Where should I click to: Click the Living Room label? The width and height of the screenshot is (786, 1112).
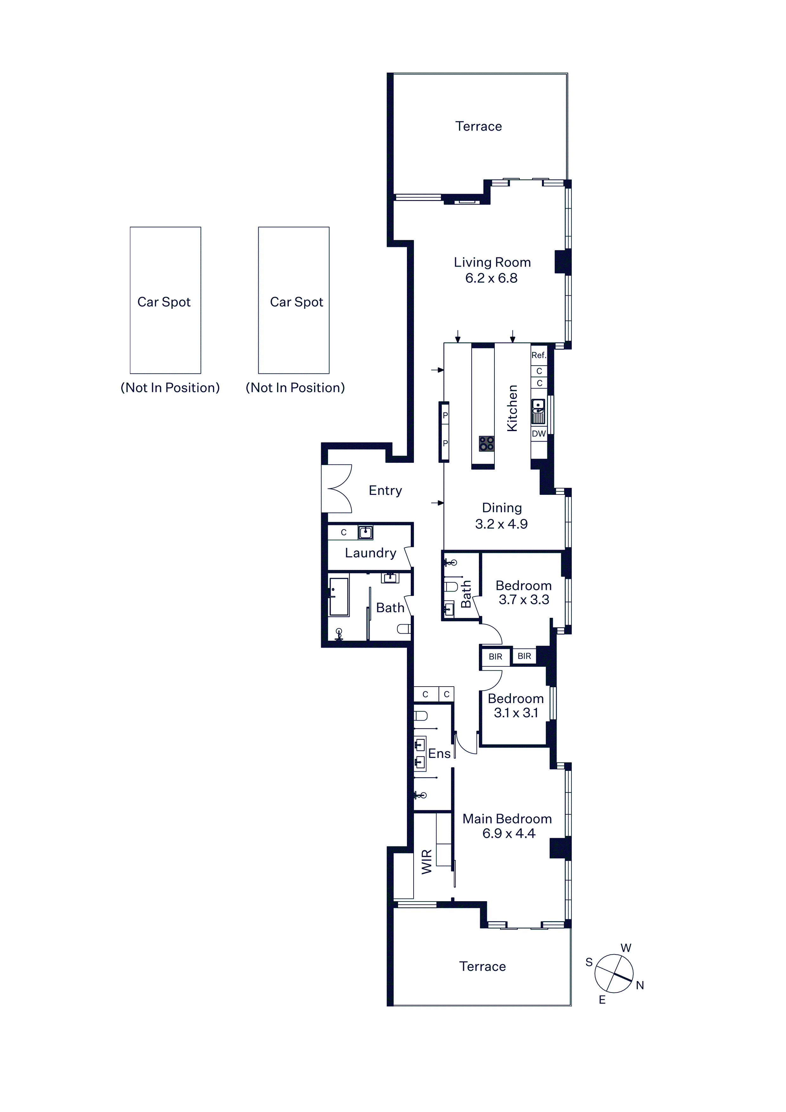492,262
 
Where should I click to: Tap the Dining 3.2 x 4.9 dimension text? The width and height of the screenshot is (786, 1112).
501,524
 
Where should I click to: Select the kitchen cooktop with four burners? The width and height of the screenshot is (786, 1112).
487,444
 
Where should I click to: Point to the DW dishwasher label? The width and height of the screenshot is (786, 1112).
538,433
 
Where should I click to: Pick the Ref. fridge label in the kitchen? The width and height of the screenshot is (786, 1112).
538,355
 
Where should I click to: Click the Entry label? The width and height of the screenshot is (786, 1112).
385,491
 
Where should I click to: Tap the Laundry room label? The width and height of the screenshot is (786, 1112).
370,553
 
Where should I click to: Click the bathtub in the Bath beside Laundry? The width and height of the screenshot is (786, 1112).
339,597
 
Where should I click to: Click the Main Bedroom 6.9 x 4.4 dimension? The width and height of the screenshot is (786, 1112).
508,833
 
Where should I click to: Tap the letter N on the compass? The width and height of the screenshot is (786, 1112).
640,985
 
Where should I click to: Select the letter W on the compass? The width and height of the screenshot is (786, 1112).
626,948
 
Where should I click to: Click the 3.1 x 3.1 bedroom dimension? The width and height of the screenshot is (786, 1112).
516,713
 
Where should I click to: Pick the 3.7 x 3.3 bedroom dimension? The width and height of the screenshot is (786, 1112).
524,600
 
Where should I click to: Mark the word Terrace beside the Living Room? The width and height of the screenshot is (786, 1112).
479,126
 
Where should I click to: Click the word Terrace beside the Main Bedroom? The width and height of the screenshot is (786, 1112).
482,967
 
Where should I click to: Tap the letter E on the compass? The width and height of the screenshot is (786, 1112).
602,1000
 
